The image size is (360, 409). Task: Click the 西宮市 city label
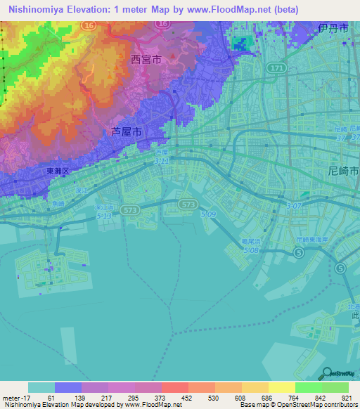pyautogui.click(x=146, y=60)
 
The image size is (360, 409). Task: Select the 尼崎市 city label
pyautogui.click(x=343, y=171)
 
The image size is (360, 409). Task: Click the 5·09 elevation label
pyautogui.click(x=207, y=214)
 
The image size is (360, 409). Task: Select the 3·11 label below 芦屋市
pyautogui.click(x=161, y=160)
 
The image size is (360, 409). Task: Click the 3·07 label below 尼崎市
pyautogui.click(x=295, y=205)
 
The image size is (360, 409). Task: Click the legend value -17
pyautogui.click(x=27, y=398)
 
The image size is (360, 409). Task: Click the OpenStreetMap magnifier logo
pyautogui.click(x=327, y=374)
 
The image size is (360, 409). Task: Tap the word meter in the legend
pyautogui.click(x=12, y=398)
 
